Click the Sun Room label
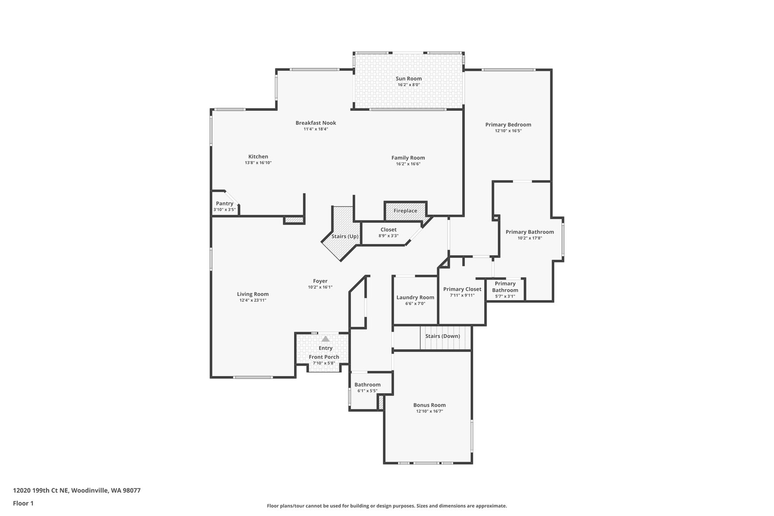point(409,78)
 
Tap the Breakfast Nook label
point(316,123)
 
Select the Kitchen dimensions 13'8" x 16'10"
point(258,163)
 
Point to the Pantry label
point(224,204)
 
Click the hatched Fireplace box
point(405,211)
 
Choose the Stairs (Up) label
point(345,236)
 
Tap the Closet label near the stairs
point(388,230)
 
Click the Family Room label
point(408,158)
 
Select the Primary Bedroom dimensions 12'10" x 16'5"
point(508,131)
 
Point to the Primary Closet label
point(462,289)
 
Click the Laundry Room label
point(415,297)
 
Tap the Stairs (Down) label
point(443,336)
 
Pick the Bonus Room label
point(430,405)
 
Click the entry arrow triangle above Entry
point(326,339)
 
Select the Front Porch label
point(324,357)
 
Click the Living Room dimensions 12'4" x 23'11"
point(253,300)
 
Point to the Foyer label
point(320,281)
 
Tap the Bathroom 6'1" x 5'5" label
point(368,385)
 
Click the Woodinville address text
point(77,490)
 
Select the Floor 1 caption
point(23,503)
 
